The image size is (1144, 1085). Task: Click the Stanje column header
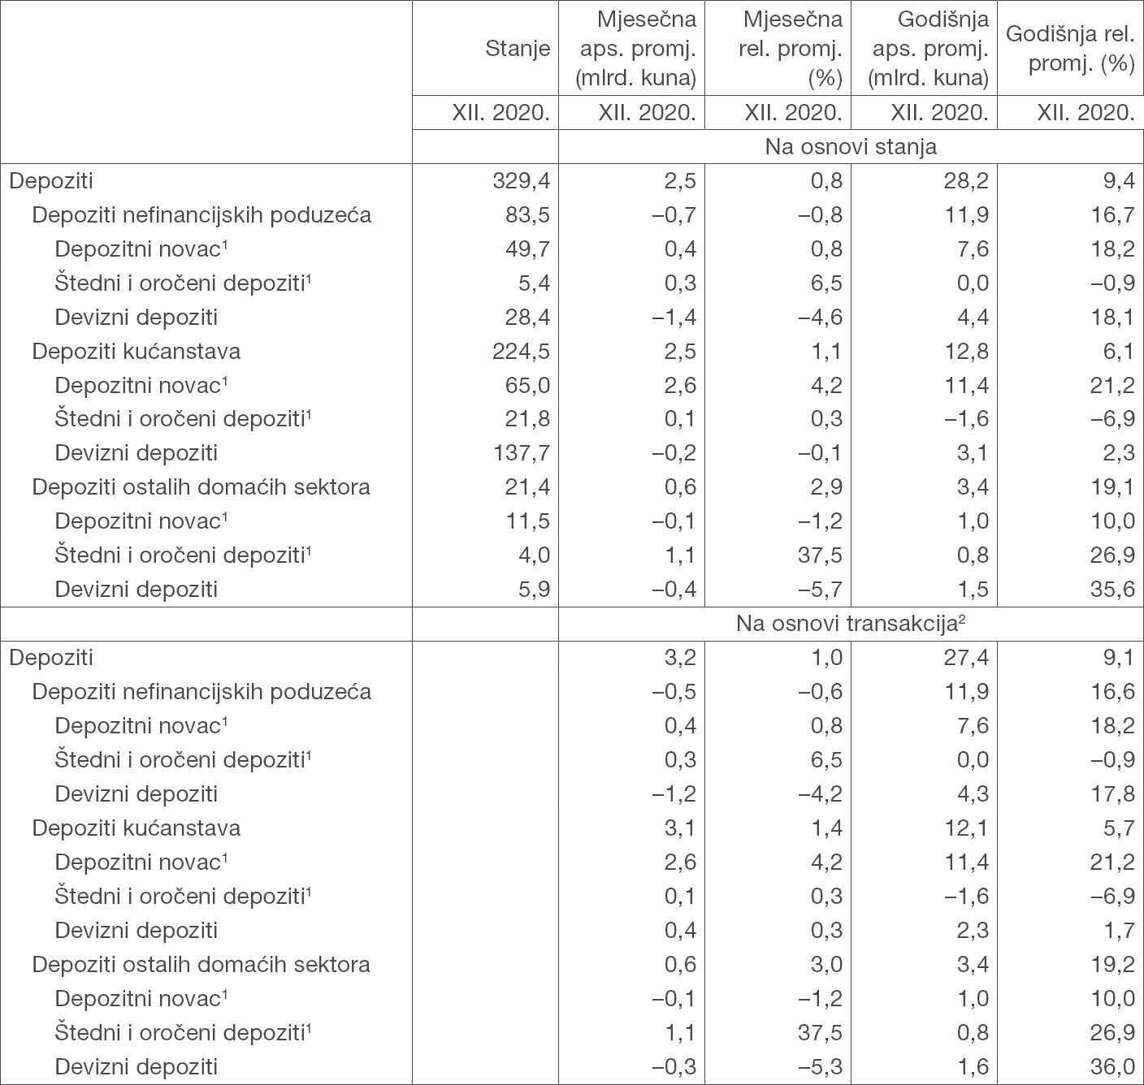point(517,49)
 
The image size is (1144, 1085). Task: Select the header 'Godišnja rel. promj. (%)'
point(1070,49)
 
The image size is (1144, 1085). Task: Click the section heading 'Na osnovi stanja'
point(850,147)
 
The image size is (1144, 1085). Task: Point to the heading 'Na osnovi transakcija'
point(850,624)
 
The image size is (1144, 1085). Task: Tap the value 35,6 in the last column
point(1112,589)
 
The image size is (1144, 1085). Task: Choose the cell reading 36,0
point(1112,1066)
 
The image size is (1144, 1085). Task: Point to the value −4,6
point(816,317)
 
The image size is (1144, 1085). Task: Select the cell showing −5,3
point(816,1066)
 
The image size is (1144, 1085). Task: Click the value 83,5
point(527,214)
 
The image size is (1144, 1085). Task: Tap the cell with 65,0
point(527,384)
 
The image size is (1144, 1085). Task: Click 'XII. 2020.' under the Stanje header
point(500,113)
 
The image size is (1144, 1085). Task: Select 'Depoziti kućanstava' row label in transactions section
point(136,828)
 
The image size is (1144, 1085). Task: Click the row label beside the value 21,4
point(201,486)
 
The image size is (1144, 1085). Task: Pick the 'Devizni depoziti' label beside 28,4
point(136,317)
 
